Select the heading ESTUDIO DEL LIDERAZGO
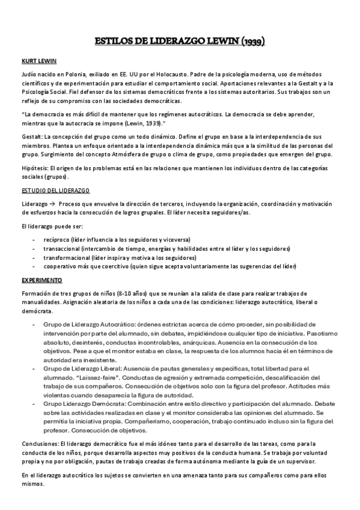point(55,191)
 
